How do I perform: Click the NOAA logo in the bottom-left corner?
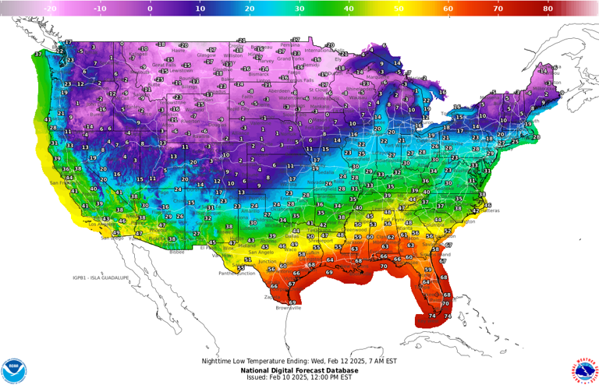pos(13,370)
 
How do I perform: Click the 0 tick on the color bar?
pos(151,9)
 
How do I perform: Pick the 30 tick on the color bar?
pos(299,9)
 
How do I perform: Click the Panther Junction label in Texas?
pos(236,274)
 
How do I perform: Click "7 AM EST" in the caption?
pos(380,361)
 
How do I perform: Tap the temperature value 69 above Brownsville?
pos(292,302)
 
